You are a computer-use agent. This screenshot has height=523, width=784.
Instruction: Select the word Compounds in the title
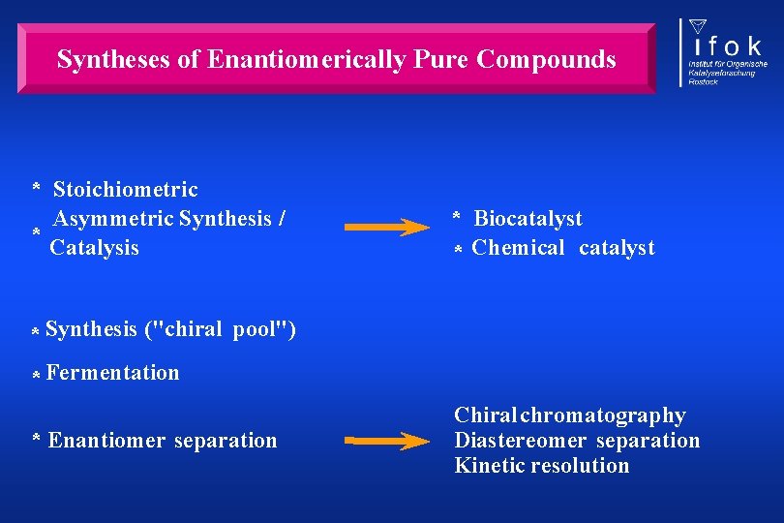pyautogui.click(x=547, y=59)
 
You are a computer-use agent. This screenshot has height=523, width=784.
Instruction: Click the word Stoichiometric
pyautogui.click(x=125, y=190)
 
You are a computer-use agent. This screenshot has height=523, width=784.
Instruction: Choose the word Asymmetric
pyautogui.click(x=112, y=219)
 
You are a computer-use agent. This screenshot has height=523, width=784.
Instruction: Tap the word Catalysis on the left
pyautogui.click(x=95, y=248)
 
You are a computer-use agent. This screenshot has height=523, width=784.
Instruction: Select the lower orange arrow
pyautogui.click(x=387, y=442)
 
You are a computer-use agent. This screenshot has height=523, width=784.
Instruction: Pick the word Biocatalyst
pyautogui.click(x=528, y=219)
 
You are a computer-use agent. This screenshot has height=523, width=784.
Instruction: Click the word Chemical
pyautogui.click(x=518, y=248)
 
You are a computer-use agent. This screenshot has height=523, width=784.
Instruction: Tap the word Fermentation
pyautogui.click(x=112, y=373)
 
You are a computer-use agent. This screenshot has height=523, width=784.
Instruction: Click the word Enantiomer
pyautogui.click(x=107, y=441)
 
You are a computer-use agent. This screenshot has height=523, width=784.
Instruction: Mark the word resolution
pyautogui.click(x=583, y=466)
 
